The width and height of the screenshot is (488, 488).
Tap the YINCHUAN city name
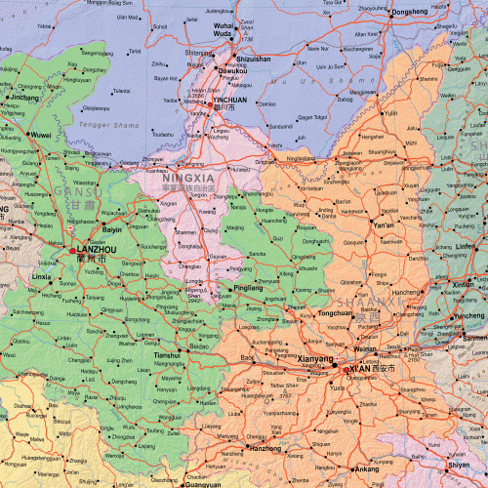(x=229, y=99)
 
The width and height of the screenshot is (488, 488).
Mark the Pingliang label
(x=249, y=289)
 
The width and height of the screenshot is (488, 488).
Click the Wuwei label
(x=40, y=133)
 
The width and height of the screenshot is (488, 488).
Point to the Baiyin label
(x=113, y=229)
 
